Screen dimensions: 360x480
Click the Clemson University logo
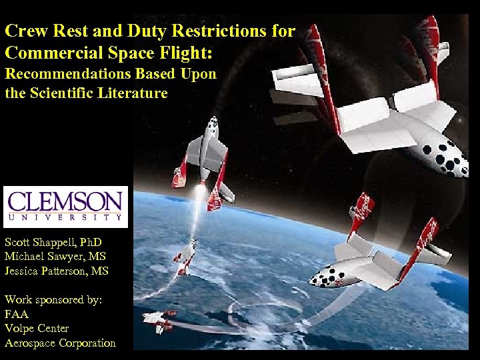tap(65, 207)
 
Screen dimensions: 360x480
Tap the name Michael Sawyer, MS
tap(55, 256)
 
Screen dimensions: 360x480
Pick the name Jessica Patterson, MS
tap(56, 271)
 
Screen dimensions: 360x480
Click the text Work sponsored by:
tap(53, 299)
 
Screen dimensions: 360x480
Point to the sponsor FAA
tap(17, 314)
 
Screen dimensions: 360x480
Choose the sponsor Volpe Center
tap(37, 329)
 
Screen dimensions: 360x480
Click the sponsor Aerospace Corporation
tap(60, 343)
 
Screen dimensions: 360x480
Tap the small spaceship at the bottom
tap(158, 321)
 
